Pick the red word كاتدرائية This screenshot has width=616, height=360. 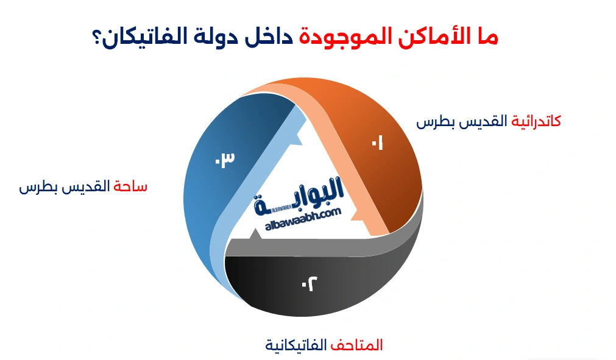tap(536, 121)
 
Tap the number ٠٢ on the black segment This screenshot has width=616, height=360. tap(310, 283)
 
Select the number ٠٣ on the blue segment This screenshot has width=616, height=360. tap(224, 160)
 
